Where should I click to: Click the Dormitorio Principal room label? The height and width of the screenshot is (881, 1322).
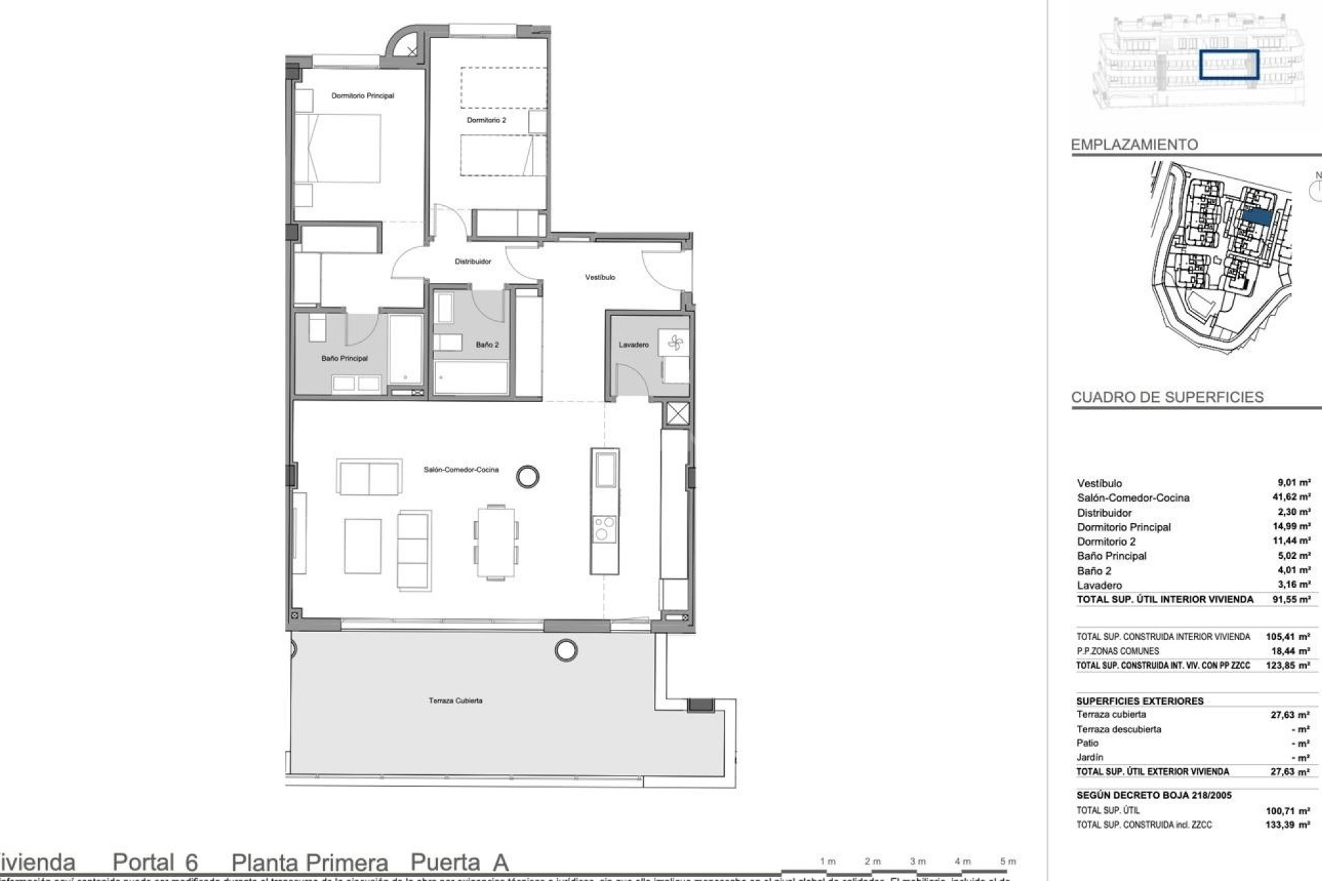(362, 96)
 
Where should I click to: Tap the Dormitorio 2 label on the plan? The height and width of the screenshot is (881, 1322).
(486, 120)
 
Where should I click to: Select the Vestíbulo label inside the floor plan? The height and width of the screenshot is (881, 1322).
(600, 277)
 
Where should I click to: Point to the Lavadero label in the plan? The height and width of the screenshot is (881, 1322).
(633, 345)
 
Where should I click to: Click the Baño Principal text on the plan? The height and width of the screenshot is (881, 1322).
(344, 359)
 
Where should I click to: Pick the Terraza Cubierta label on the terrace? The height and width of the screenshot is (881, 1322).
(455, 701)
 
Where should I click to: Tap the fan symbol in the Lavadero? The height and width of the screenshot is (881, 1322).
(674, 343)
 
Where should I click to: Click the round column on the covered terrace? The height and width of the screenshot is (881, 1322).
(566, 650)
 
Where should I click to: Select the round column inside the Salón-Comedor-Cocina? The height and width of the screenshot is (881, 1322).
(527, 476)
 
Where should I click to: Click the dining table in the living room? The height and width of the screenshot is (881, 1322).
(496, 542)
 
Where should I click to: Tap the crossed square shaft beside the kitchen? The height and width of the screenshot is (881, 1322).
(678, 414)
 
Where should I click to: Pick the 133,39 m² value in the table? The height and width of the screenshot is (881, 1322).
(1289, 825)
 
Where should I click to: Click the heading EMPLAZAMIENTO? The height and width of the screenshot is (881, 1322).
(1134, 145)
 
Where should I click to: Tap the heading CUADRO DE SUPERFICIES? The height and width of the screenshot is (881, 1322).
(1167, 397)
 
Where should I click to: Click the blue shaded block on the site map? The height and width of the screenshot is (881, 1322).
(1257, 216)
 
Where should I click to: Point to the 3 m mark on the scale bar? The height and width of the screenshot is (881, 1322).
(917, 861)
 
